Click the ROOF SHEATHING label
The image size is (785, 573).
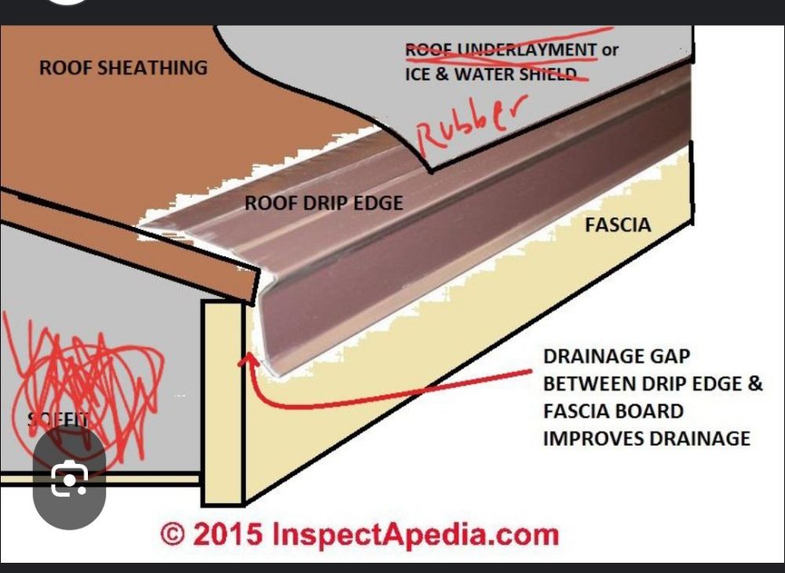pyautogui.click(x=123, y=68)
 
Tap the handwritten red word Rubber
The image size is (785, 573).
pyautogui.click(x=468, y=121)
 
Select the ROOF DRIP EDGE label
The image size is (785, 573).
pyautogui.click(x=323, y=203)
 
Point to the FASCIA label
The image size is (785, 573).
pyautogui.click(x=618, y=225)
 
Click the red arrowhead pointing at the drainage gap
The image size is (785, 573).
pyautogui.click(x=250, y=360)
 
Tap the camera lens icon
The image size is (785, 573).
pyautogui.click(x=69, y=480)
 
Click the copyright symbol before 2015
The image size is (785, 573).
pyautogui.click(x=173, y=535)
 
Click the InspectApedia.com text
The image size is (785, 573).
pyautogui.click(x=414, y=535)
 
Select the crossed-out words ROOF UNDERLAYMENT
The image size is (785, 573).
pyautogui.click(x=500, y=50)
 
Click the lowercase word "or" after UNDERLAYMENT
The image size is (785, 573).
pyautogui.click(x=610, y=50)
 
